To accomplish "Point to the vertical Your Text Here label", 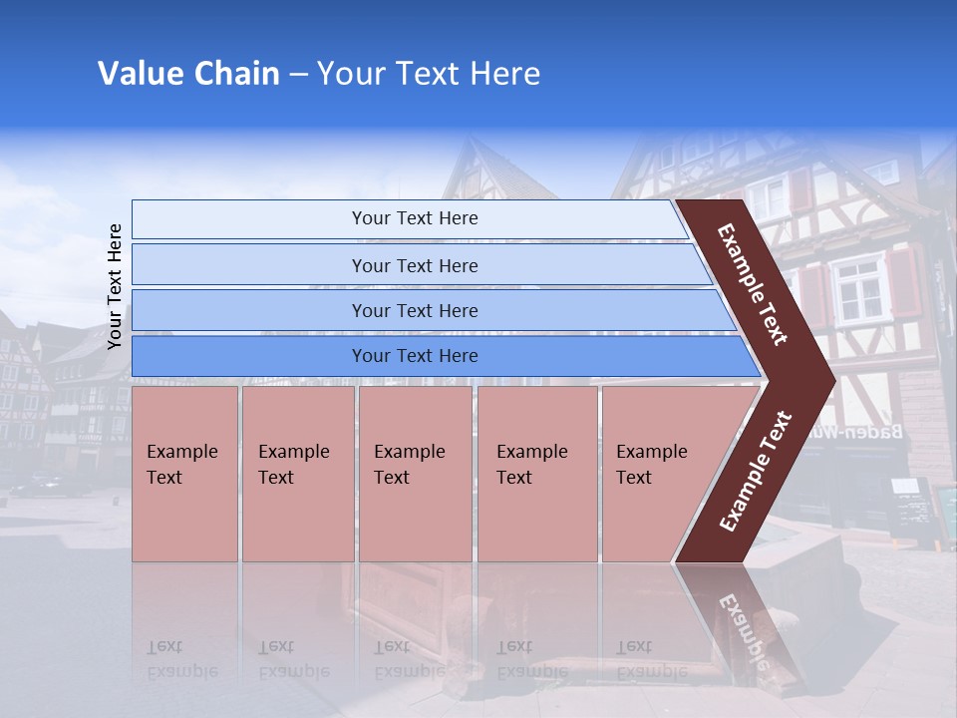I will [115, 286].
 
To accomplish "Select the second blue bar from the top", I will [415, 265].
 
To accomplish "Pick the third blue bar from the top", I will [415, 310].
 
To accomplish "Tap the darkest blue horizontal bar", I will [415, 356].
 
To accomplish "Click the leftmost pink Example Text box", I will [184, 474].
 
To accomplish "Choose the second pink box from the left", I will [297, 474].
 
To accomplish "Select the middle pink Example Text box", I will [415, 474].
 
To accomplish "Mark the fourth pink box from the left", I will [537, 474].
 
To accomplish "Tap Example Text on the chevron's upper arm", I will [753, 283].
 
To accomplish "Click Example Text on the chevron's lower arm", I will [756, 472].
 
